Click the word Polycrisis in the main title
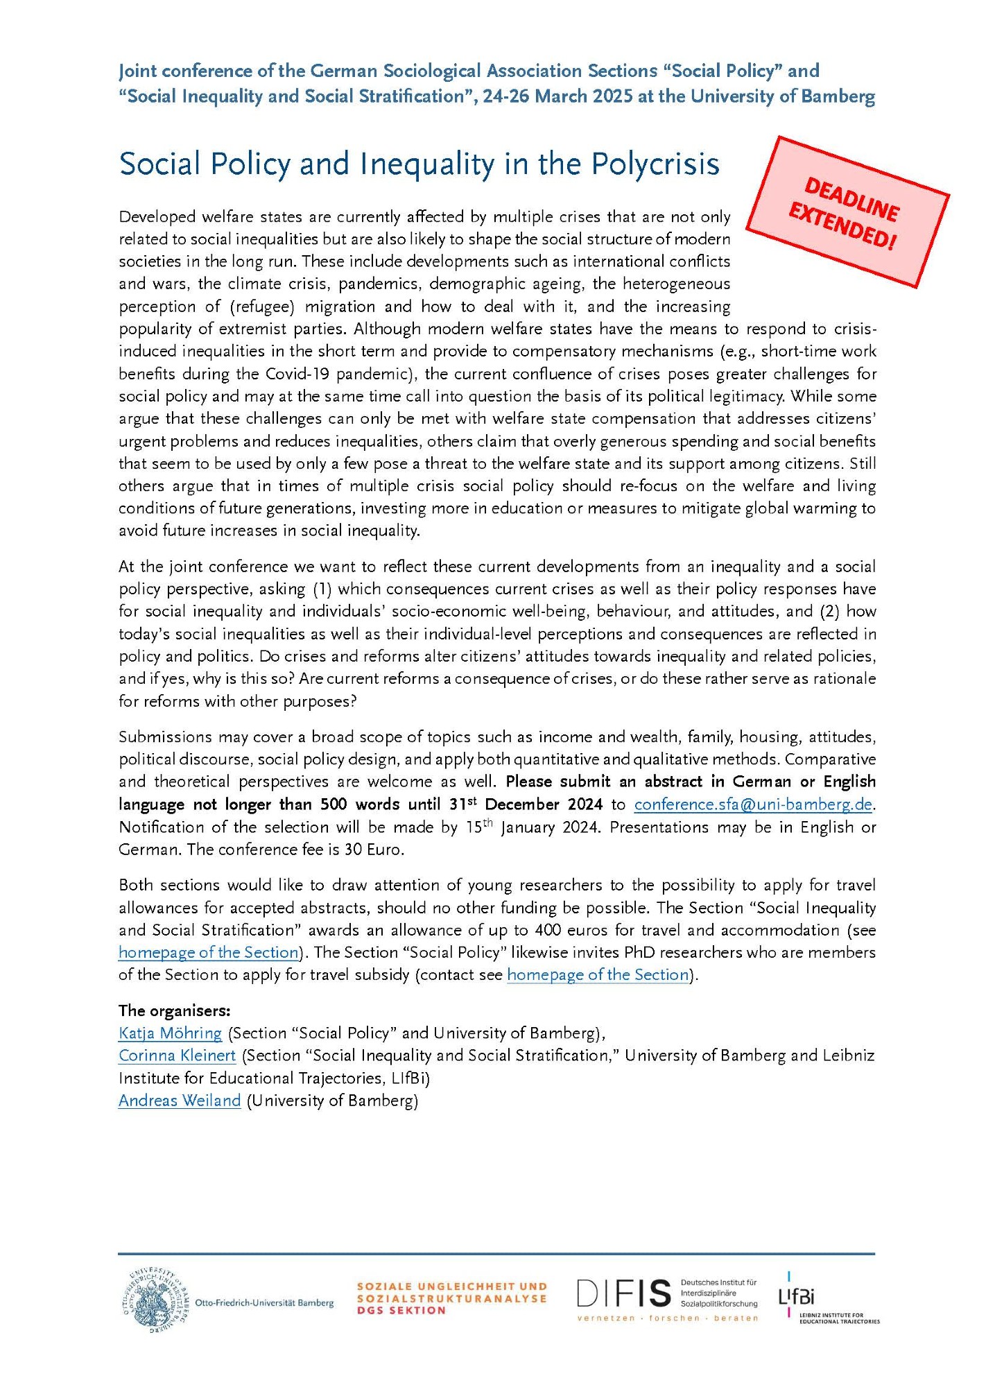(655, 164)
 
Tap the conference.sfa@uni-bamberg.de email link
(753, 804)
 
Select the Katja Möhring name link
(170, 1033)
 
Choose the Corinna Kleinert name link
(177, 1056)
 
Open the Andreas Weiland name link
(180, 1101)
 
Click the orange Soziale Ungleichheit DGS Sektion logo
(451, 1298)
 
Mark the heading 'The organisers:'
(174, 1010)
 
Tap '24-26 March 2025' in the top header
(557, 96)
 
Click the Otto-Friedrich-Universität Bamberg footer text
(264, 1303)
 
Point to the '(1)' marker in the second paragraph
(322, 589)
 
